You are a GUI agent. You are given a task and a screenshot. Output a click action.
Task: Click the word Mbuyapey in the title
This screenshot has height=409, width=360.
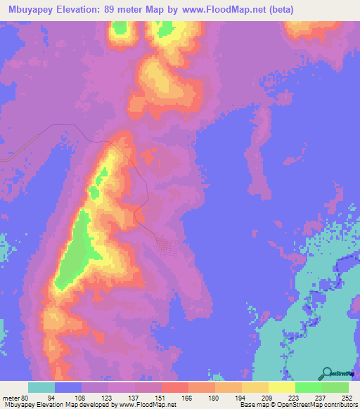pyautogui.click(x=30, y=9)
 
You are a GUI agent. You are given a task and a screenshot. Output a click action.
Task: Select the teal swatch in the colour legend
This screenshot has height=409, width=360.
pyautogui.click(x=41, y=388)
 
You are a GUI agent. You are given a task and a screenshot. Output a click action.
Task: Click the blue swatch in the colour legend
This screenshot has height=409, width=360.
pyautogui.click(x=68, y=388)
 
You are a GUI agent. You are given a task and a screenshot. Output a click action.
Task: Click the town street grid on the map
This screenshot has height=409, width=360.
pyautogui.click(x=167, y=247)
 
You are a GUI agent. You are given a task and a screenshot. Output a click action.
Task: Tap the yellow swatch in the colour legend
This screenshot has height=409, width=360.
pyautogui.click(x=281, y=388)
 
